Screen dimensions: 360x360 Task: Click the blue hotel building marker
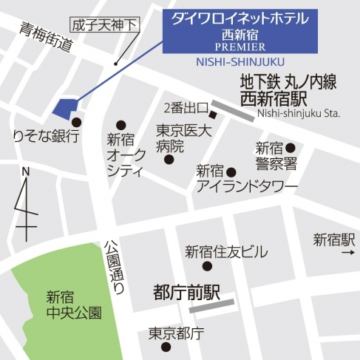click(65, 108)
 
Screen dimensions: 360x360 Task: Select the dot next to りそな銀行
click(76, 122)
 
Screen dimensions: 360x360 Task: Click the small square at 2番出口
click(213, 115)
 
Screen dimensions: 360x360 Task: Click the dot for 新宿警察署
click(291, 146)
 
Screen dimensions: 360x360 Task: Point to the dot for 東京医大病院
click(169, 159)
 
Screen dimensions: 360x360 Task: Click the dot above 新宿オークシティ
click(120, 126)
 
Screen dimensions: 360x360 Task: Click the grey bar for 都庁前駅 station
click(211, 302)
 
